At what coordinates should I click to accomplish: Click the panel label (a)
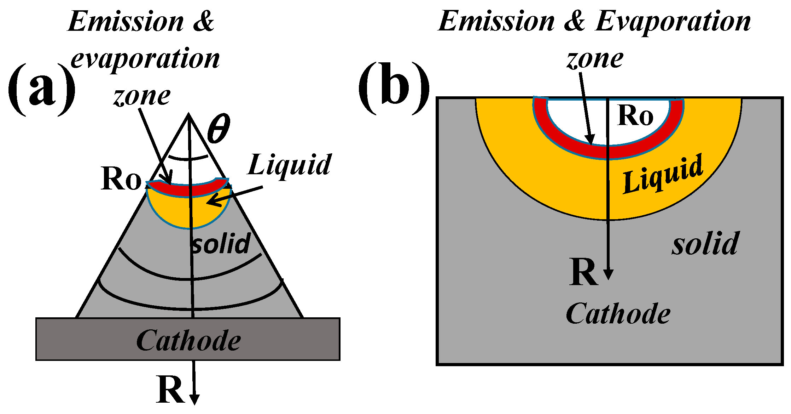(x=42, y=89)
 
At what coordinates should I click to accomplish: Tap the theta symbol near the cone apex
(x=219, y=129)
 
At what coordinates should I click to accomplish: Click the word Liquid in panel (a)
(x=289, y=165)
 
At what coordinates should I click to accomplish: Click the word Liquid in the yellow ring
(x=662, y=175)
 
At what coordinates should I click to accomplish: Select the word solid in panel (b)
(x=705, y=244)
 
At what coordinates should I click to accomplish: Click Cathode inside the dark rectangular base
(x=188, y=341)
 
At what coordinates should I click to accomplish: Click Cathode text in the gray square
(x=618, y=314)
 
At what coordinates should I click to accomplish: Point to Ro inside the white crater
(x=635, y=116)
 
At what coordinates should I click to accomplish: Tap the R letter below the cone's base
(x=170, y=390)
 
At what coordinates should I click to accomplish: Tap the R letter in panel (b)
(x=584, y=273)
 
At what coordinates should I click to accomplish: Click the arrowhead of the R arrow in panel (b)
(x=608, y=274)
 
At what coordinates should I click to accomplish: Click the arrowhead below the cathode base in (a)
(x=194, y=399)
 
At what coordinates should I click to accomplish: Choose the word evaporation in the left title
(x=145, y=59)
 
